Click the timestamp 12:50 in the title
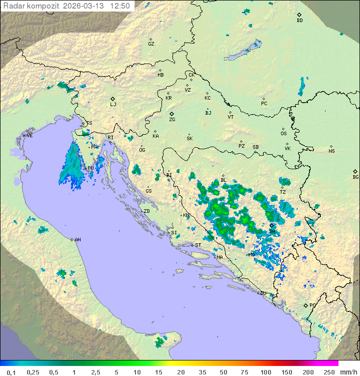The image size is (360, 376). click(120, 6)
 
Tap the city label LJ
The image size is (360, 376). click(113, 104)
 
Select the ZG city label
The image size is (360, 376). click(172, 120)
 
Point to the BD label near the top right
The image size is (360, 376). click(299, 21)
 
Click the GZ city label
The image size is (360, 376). click(151, 44)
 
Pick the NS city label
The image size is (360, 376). click(331, 151)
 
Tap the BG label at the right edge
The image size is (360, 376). click(355, 177)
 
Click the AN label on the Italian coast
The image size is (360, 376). click(77, 240)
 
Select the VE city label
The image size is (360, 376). click(29, 136)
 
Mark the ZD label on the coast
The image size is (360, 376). click(146, 211)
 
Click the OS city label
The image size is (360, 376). click(283, 134)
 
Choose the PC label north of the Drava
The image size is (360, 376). click(264, 104)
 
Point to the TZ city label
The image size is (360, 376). click(282, 192)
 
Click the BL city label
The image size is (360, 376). click(223, 180)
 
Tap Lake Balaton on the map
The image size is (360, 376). click(243, 51)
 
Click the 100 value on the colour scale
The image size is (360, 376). click(266, 372)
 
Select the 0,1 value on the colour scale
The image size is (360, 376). click(11, 372)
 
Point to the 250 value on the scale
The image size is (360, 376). click(329, 372)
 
